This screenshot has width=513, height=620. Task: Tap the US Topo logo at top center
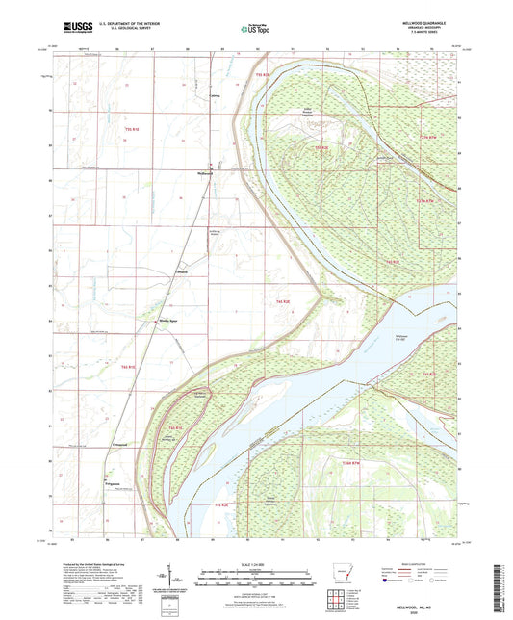(x=255, y=29)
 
